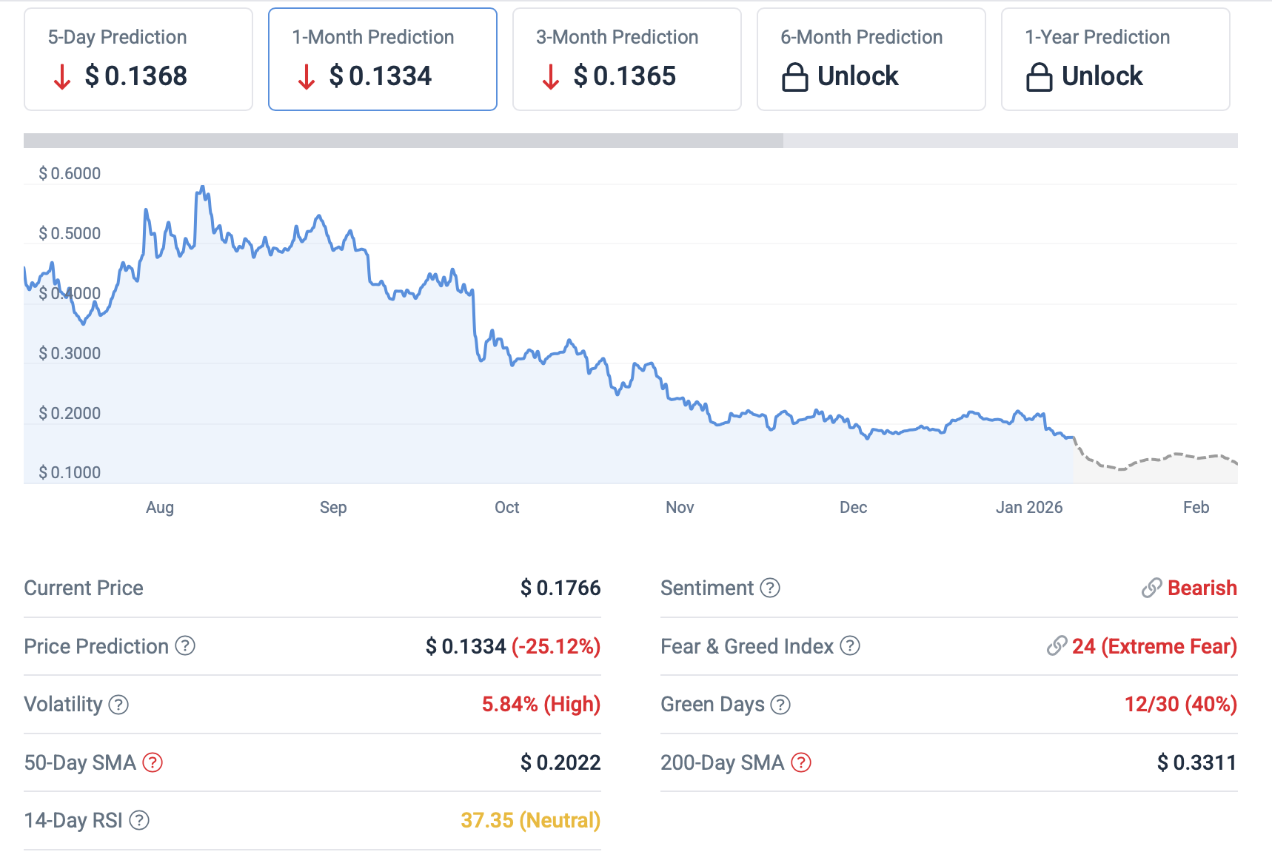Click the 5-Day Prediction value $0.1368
(135, 76)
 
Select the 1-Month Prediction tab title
(372, 37)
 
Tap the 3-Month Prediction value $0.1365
(624, 76)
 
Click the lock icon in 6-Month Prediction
(794, 77)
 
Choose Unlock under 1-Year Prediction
(1102, 76)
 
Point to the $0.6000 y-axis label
(70, 174)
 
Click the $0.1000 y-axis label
(70, 473)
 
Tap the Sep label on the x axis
(333, 508)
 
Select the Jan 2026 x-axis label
(1028, 508)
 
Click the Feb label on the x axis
(1196, 508)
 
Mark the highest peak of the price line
(202, 187)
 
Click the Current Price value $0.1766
(560, 588)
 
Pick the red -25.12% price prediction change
(556, 647)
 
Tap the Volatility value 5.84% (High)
(540, 705)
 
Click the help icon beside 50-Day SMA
(153, 762)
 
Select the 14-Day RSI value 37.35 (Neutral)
(530, 821)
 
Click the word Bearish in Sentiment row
(1202, 588)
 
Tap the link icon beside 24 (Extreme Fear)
(1057, 646)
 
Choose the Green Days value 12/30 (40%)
(1180, 705)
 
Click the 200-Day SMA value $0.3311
(1196, 763)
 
